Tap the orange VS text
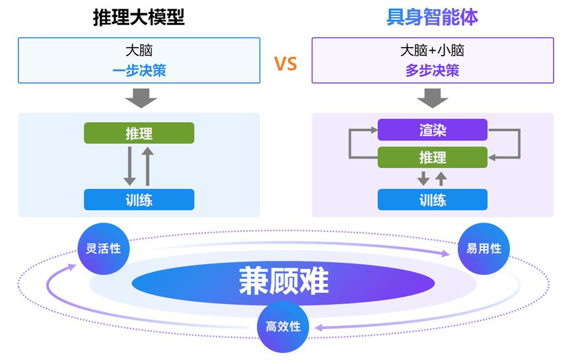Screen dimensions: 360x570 [285, 64]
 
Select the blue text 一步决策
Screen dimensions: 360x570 [139, 71]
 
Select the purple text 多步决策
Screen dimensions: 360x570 [432, 71]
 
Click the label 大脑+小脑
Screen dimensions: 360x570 [432, 51]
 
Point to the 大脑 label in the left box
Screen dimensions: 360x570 [139, 51]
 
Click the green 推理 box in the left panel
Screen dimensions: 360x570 [139, 133]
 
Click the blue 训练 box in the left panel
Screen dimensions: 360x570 [139, 199]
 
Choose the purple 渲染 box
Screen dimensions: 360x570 [432, 130]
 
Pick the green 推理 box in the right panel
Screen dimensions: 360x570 [432, 157]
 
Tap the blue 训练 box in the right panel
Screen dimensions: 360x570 [432, 199]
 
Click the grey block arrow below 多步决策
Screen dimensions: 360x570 [433, 97]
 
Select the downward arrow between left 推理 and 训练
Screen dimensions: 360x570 [130, 166]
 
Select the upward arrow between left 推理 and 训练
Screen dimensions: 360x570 [148, 166]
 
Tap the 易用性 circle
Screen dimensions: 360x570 [483, 249]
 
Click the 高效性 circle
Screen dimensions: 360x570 [283, 326]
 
